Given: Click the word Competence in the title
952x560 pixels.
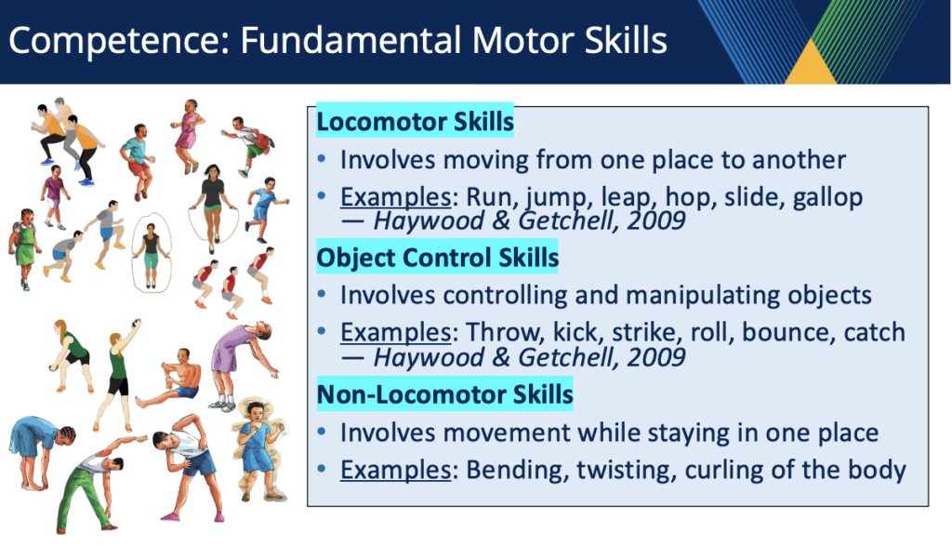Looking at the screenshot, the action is (x=119, y=41).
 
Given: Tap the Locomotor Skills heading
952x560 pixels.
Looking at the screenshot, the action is (x=416, y=122).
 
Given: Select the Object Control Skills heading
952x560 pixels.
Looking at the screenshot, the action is (x=437, y=258).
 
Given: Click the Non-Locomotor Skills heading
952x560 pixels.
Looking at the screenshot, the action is (x=445, y=394).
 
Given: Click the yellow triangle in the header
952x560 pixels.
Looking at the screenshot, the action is (x=811, y=63).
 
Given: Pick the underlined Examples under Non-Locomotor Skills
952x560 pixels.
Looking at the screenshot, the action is (x=395, y=470).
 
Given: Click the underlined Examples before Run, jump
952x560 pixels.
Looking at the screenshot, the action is (x=395, y=197).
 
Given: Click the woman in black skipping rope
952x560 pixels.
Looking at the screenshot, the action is (x=213, y=207).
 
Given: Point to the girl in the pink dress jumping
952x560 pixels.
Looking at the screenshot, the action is (x=188, y=136).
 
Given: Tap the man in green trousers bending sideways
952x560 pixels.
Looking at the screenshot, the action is (x=97, y=484).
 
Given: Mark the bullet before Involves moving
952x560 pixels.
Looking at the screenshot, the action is (x=322, y=160).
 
